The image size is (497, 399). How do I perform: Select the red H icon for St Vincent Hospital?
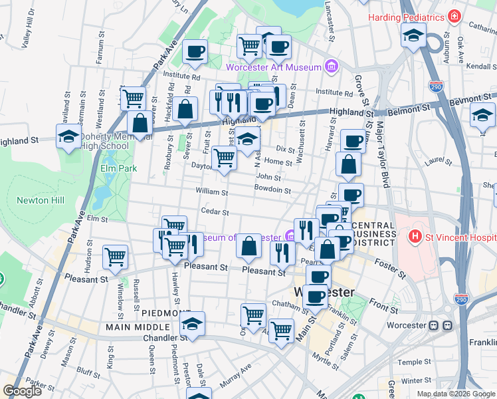click(x=415, y=236)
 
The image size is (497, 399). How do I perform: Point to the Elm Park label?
click(x=118, y=168)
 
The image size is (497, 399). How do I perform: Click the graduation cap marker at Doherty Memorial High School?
click(x=68, y=136)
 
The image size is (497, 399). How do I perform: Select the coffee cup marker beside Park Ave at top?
click(x=195, y=52)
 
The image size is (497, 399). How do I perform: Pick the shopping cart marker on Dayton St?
click(x=224, y=158)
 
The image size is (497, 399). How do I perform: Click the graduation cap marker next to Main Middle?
click(x=192, y=324)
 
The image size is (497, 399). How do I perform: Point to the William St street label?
click(x=212, y=192)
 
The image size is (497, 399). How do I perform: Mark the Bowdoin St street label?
click(x=272, y=190)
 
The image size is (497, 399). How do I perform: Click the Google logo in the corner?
click(x=22, y=391)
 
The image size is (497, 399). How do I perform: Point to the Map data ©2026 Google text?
click(x=455, y=394)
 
